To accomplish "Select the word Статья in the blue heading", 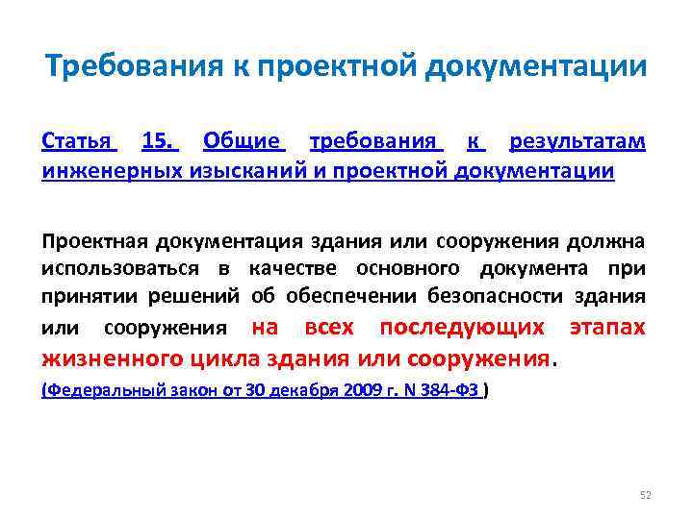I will [x=80, y=143].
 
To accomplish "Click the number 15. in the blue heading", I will [x=160, y=143].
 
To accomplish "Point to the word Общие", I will [x=244, y=143].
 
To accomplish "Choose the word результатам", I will [x=577, y=143].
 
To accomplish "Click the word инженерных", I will [x=101, y=171].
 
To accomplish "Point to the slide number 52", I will [x=646, y=495].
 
